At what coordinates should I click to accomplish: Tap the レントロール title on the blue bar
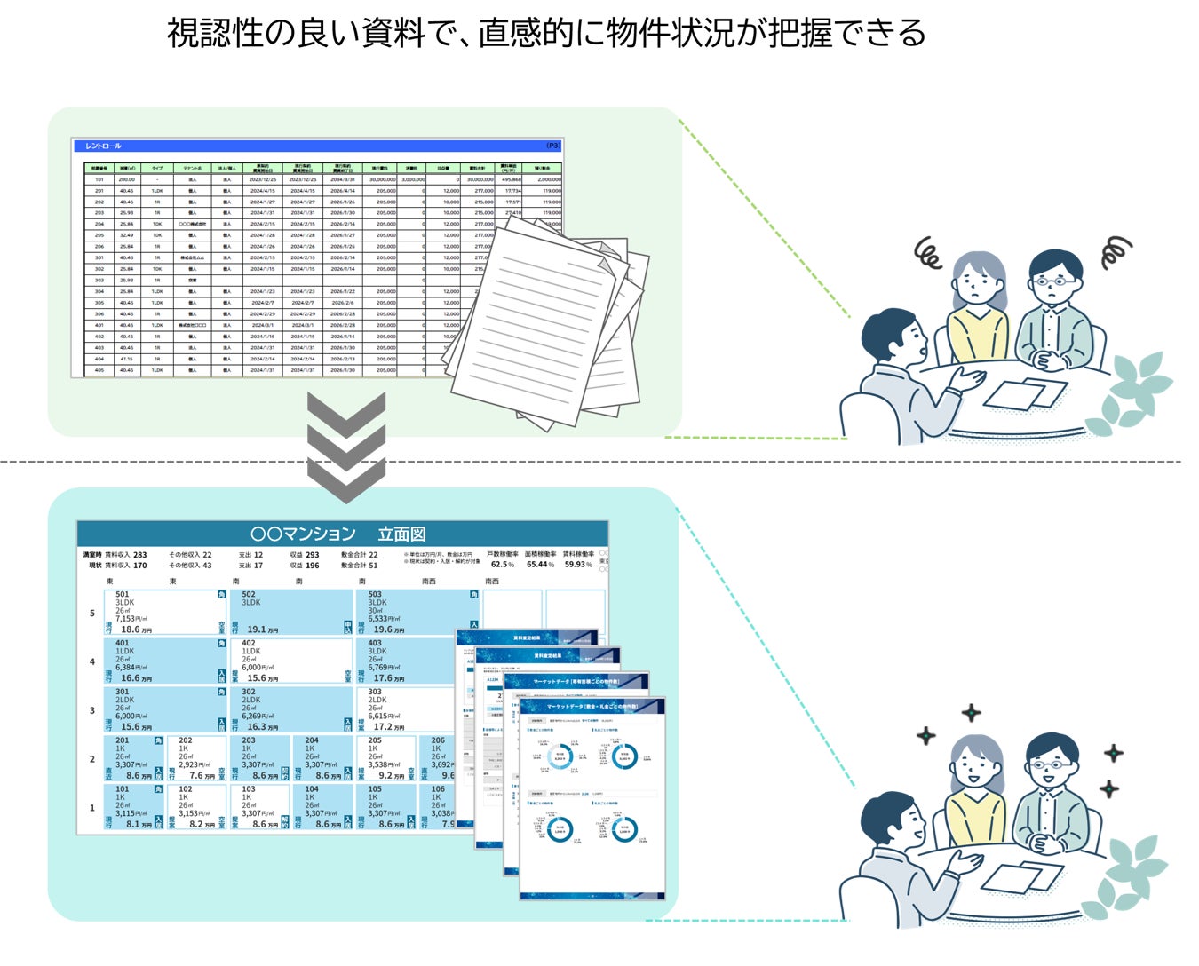[103, 146]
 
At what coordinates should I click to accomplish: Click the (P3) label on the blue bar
[552, 146]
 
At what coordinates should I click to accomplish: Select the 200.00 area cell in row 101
[127, 179]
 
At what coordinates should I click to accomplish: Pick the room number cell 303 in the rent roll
[99, 280]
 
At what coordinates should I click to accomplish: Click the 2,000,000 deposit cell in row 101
[547, 179]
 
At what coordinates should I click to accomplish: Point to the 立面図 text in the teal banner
[401, 534]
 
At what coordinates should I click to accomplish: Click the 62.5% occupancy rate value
[502, 565]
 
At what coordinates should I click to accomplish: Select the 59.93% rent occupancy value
[578, 565]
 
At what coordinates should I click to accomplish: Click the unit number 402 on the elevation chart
[249, 643]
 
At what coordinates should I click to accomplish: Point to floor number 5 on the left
[91, 613]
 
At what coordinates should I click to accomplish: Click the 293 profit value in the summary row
[312, 555]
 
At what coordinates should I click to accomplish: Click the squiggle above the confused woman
[929, 255]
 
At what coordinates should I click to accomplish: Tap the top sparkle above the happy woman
[972, 712]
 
